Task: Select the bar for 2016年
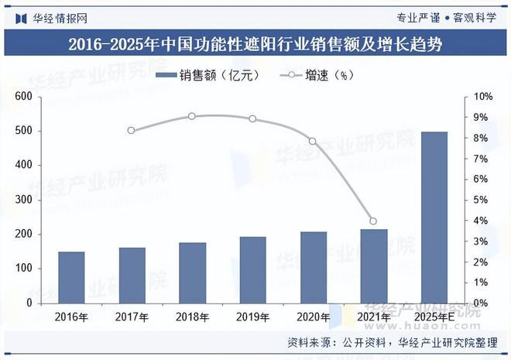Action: point(71,277)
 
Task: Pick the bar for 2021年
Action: point(373,266)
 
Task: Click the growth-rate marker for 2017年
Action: point(131,131)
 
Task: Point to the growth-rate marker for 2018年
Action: point(191,116)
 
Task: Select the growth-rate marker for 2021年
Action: point(373,221)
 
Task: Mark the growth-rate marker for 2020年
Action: point(313,141)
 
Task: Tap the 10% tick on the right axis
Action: point(483,97)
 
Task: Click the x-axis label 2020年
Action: point(313,316)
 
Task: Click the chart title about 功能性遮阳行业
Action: point(255,45)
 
